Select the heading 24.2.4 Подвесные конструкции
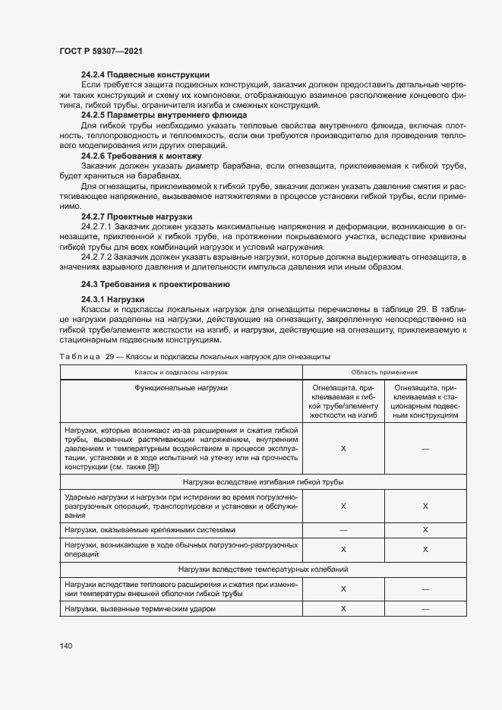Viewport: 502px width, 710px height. point(145,74)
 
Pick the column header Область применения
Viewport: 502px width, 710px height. point(384,372)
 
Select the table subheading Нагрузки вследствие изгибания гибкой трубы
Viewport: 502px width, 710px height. point(263,482)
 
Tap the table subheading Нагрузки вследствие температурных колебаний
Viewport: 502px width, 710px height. point(263,569)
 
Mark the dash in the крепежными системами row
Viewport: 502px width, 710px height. point(343,529)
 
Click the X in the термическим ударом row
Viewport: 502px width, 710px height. point(343,609)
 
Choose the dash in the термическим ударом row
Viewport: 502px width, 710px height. point(425,609)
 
